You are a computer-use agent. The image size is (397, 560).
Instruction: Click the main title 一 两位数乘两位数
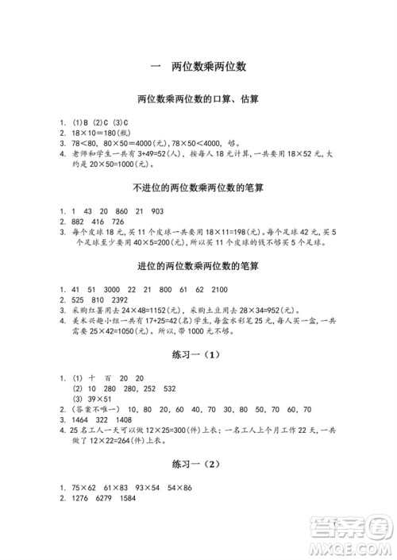tap(198, 68)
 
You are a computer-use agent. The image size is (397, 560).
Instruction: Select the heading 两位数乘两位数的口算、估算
tap(198, 101)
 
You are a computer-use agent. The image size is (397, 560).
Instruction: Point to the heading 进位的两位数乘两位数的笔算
tap(198, 265)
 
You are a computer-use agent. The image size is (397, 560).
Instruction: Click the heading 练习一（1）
tap(198, 352)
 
